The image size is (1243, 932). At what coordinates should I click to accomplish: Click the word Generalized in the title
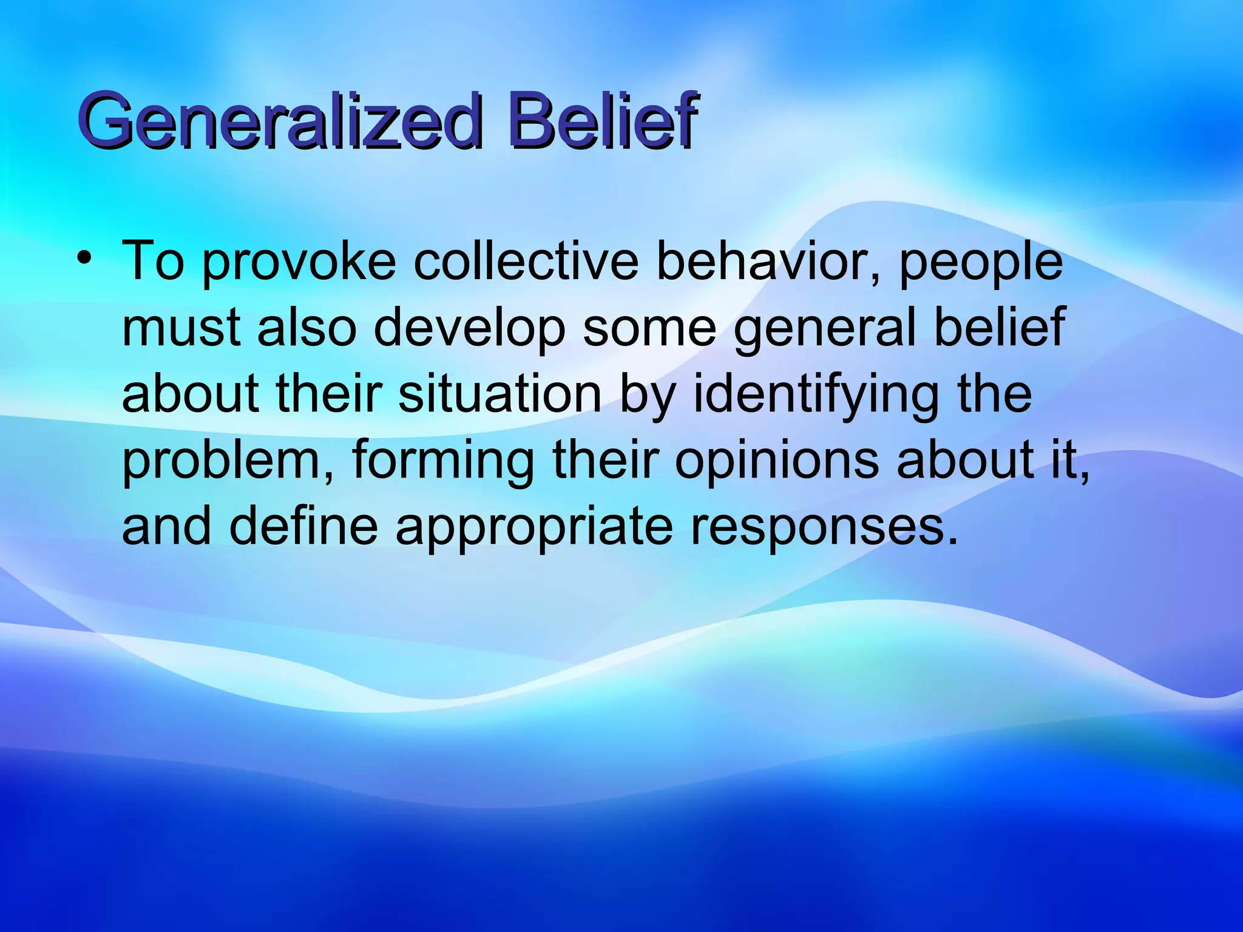pyautogui.click(x=279, y=121)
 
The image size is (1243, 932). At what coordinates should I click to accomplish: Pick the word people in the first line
pyautogui.click(x=980, y=263)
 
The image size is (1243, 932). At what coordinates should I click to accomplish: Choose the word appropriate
pyautogui.click(x=534, y=527)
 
